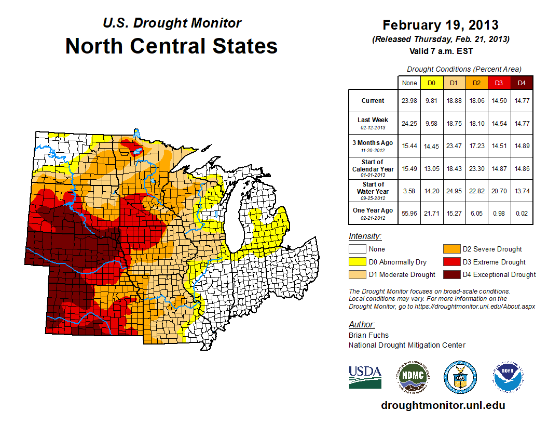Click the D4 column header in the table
522,83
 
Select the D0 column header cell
431,83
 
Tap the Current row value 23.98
409,101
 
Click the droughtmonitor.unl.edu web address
443,405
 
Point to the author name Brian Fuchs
368,335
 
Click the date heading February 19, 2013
441,25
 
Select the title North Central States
171,46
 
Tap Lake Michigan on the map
237,218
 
